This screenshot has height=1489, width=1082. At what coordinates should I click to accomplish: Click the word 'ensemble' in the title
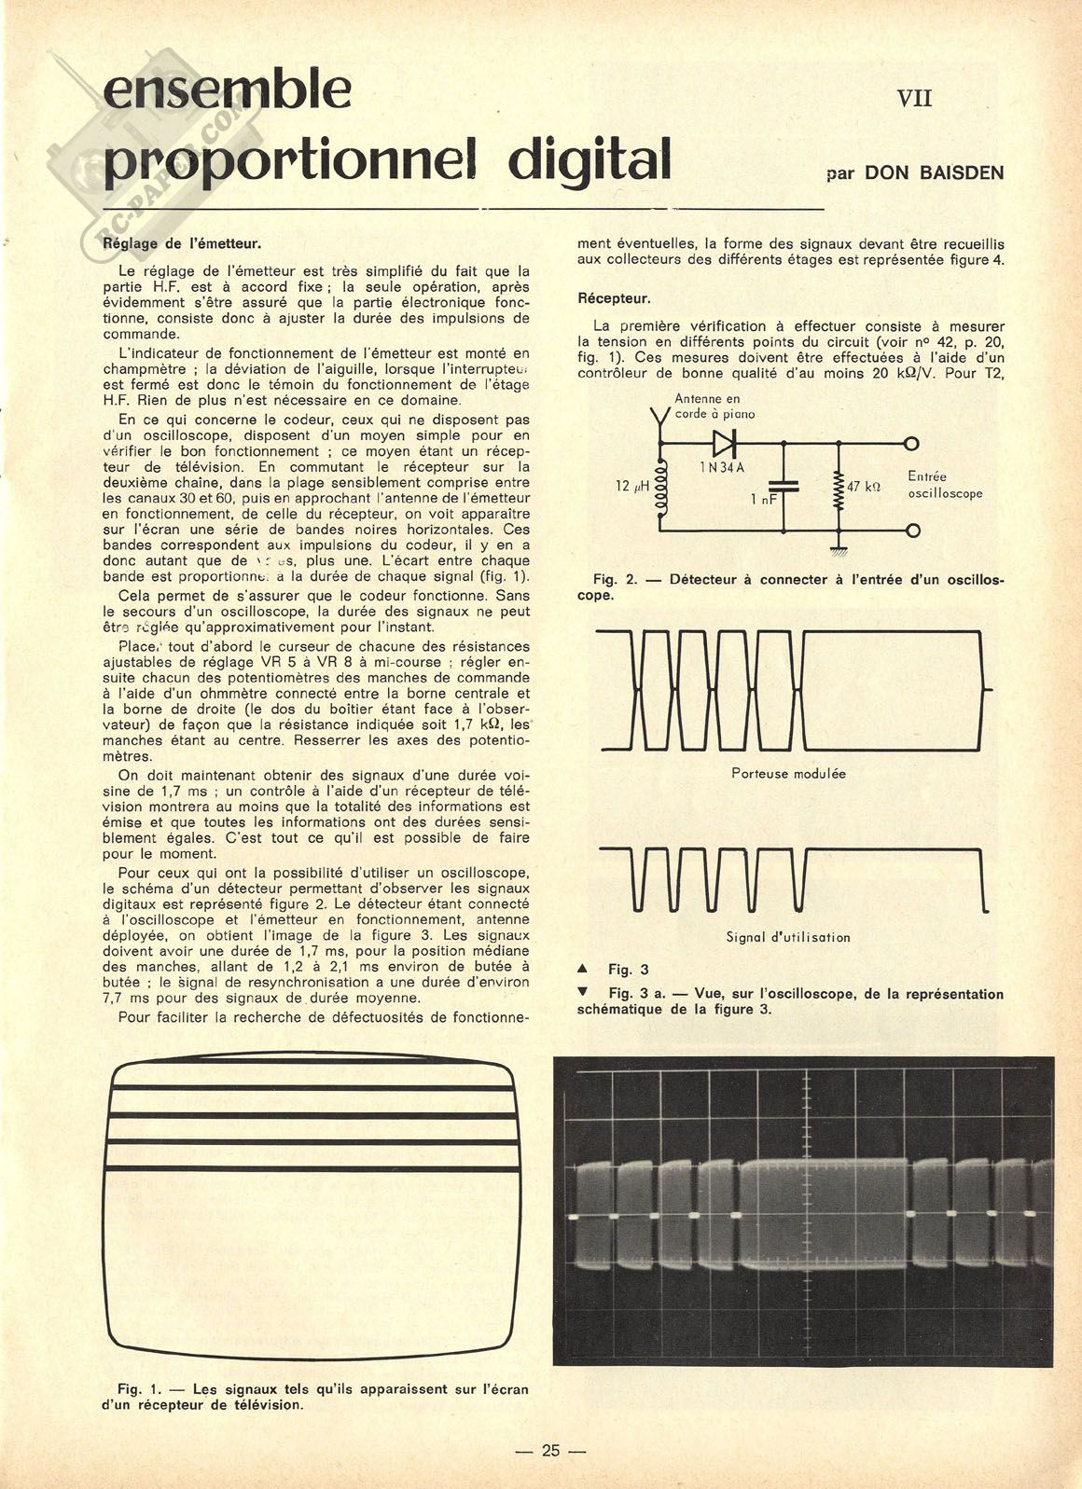(228, 91)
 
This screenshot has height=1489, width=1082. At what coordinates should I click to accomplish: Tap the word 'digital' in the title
(590, 160)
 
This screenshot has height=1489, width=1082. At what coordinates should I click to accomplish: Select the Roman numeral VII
(914, 98)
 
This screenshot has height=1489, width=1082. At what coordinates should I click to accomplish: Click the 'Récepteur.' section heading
(614, 299)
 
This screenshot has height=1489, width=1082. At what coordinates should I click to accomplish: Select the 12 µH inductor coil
(660, 487)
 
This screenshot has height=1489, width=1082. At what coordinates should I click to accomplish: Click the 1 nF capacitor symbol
(783, 486)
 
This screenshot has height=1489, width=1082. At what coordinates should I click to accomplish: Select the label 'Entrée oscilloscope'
(944, 485)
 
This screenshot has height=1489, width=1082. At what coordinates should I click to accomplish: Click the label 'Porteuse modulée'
(788, 773)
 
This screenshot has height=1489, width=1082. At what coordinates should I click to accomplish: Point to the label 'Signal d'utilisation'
(788, 937)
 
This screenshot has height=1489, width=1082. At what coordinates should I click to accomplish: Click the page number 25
(550, 1451)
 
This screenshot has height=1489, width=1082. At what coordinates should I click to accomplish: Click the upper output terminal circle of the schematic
(911, 444)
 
